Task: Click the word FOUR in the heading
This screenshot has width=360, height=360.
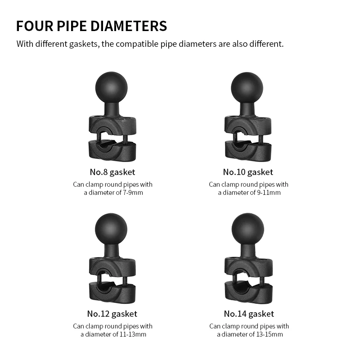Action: tap(35, 26)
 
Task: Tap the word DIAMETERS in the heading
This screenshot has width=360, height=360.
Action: tap(129, 26)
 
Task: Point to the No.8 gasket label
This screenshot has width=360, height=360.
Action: tap(112, 172)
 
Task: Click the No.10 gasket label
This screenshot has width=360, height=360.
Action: tap(248, 172)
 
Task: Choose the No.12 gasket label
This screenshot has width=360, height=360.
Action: tap(112, 314)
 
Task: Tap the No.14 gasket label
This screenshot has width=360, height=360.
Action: tap(249, 314)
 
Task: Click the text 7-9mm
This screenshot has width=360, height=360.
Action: tap(133, 193)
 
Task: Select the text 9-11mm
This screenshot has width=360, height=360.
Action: tap(269, 193)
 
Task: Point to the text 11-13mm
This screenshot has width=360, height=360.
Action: tap(133, 334)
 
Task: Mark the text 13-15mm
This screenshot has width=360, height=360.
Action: tap(269, 334)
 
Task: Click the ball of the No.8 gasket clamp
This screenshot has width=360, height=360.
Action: tap(111, 87)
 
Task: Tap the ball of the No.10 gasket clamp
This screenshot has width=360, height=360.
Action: tap(247, 88)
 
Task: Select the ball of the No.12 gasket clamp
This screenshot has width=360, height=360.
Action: tap(111, 229)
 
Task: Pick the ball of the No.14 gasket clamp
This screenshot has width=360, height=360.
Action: tap(248, 229)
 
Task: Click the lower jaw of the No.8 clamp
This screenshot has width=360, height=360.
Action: tap(112, 151)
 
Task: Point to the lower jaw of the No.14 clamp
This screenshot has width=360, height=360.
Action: tap(248, 292)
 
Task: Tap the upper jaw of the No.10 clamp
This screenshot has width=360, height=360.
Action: tap(248, 125)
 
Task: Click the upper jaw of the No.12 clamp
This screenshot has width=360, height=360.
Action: tap(112, 266)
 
